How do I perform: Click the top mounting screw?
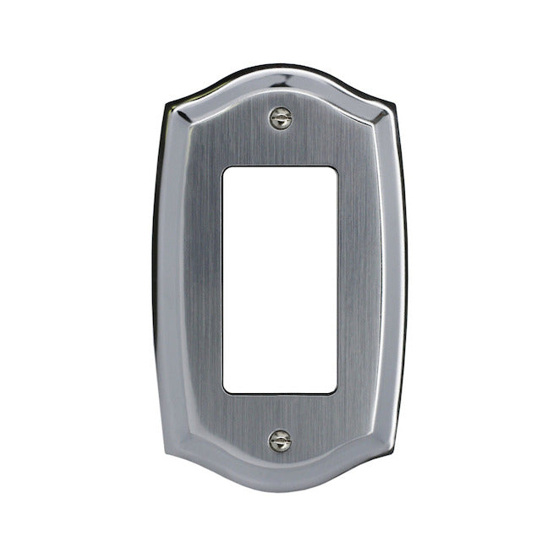point(280,118)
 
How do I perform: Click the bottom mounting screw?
point(279,440)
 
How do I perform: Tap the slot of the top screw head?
point(280,118)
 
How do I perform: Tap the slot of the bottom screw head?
point(279,440)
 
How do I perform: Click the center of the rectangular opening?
point(280,279)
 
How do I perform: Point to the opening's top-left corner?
point(224,167)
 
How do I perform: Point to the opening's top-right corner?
point(336,167)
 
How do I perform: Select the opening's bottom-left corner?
point(224,391)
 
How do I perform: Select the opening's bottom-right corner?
point(336,391)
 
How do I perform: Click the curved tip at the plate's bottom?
point(279,493)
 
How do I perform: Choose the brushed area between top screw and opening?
point(280,145)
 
